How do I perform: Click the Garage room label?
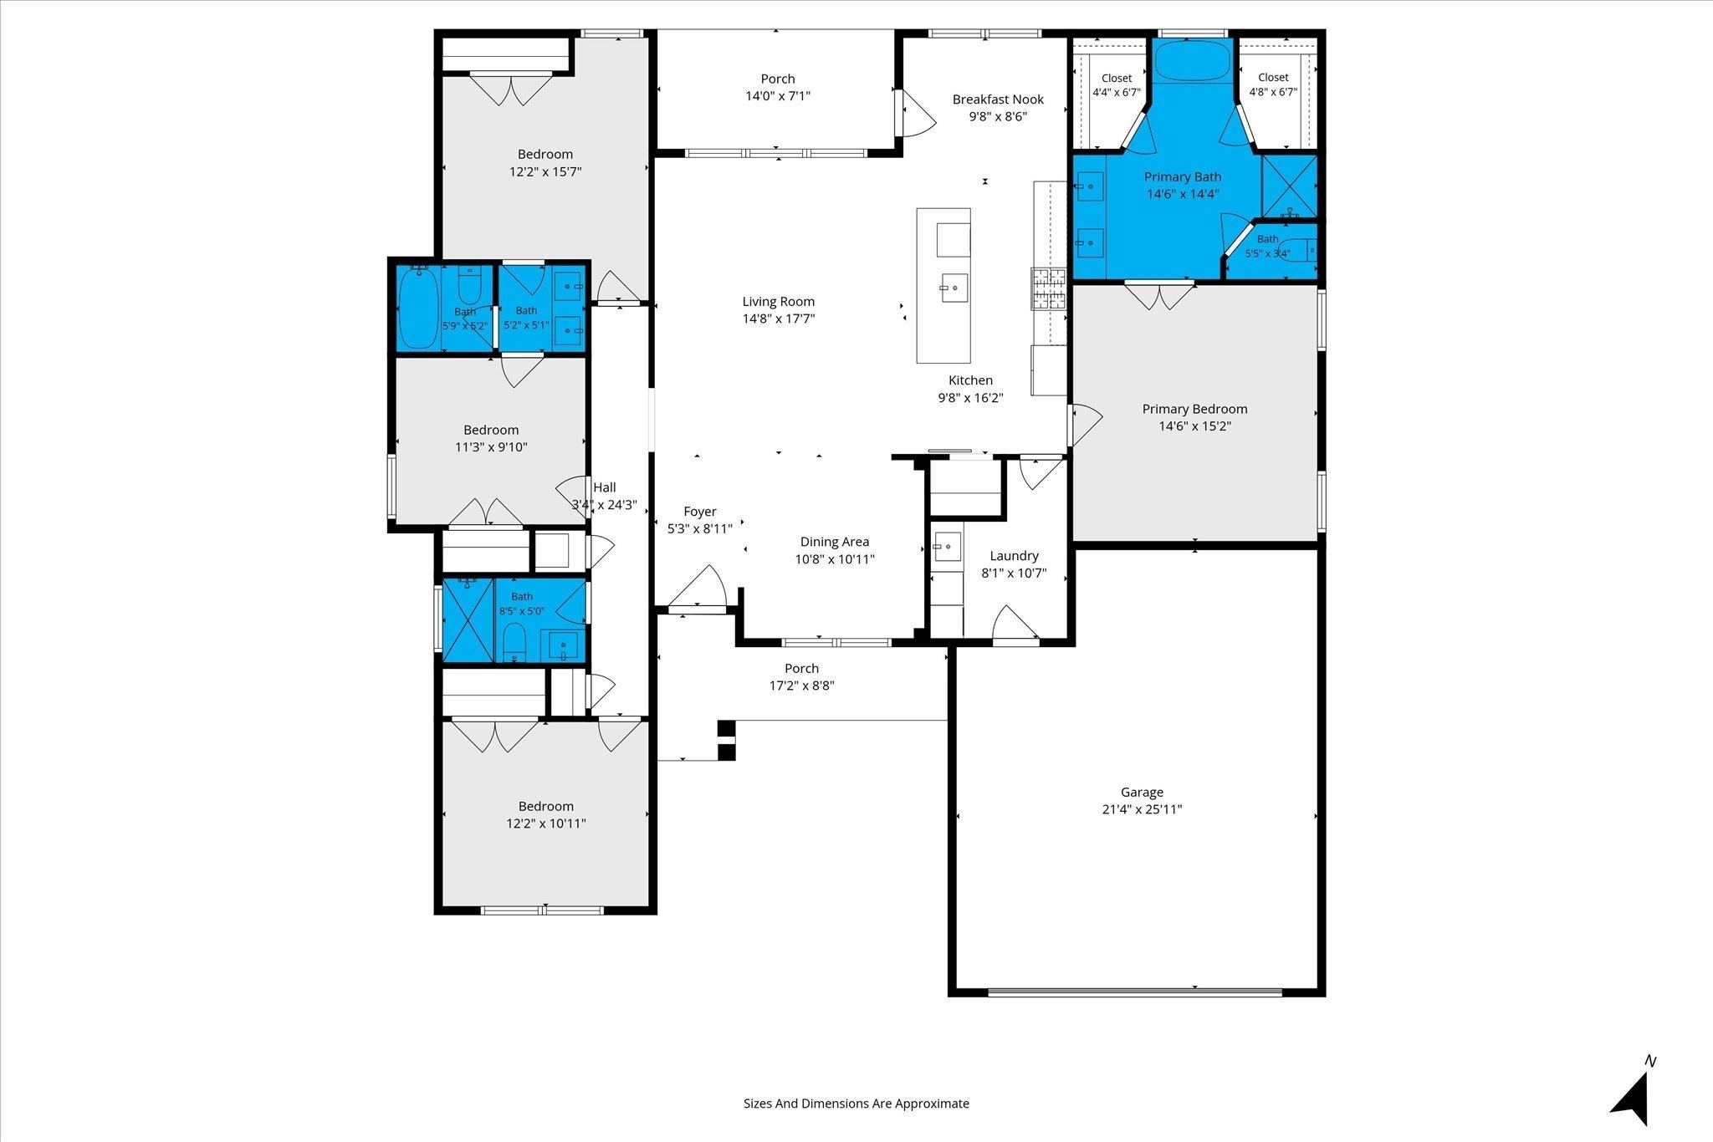[1142, 792]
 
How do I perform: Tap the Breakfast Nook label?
[998, 99]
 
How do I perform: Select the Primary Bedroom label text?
[1194, 409]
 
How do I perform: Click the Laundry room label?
[1014, 556]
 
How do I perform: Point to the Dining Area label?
[834, 542]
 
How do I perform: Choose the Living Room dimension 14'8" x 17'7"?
[778, 319]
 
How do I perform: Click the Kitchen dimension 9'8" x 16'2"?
[970, 398]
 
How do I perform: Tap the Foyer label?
[700, 512]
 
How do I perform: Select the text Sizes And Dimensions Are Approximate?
[856, 1104]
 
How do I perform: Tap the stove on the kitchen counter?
[1049, 290]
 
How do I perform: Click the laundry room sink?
[947, 547]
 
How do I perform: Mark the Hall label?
[604, 487]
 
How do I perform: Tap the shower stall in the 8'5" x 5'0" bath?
[468, 619]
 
